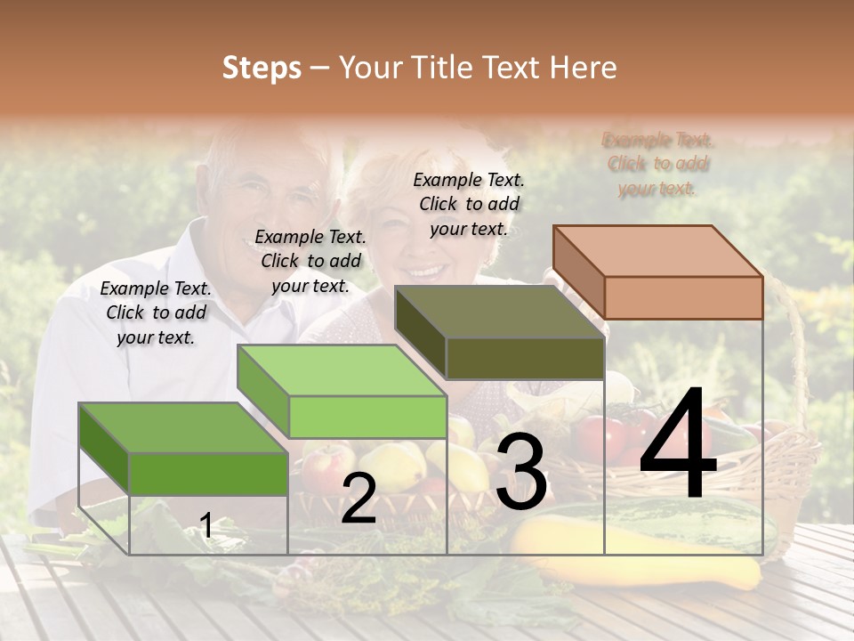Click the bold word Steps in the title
click(262, 69)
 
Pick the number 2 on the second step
click(359, 499)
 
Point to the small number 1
click(205, 526)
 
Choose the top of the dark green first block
click(183, 428)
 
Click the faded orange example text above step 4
click(657, 164)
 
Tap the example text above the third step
click(469, 204)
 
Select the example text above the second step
click(310, 261)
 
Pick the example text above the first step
click(156, 312)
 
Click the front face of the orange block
click(683, 297)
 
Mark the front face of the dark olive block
click(525, 358)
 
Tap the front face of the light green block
click(367, 417)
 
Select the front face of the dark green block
click(208, 474)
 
